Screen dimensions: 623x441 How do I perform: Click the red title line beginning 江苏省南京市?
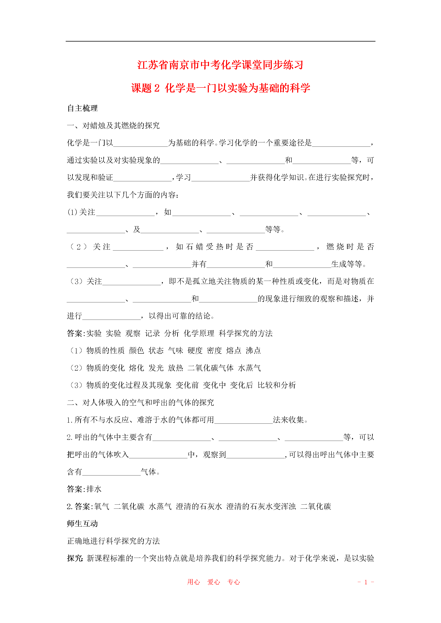point(220,65)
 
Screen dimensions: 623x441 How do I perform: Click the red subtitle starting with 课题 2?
point(220,88)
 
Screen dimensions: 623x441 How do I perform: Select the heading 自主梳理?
point(82,108)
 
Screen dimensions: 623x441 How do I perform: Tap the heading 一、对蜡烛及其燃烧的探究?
point(113,125)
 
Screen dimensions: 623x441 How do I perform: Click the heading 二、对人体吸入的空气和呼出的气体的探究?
point(141,402)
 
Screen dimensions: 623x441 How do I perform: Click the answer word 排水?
point(94,489)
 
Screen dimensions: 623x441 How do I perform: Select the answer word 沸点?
point(253,351)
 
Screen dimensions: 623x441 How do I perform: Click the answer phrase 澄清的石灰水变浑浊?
point(261,506)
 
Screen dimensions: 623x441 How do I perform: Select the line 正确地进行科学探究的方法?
point(113,541)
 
